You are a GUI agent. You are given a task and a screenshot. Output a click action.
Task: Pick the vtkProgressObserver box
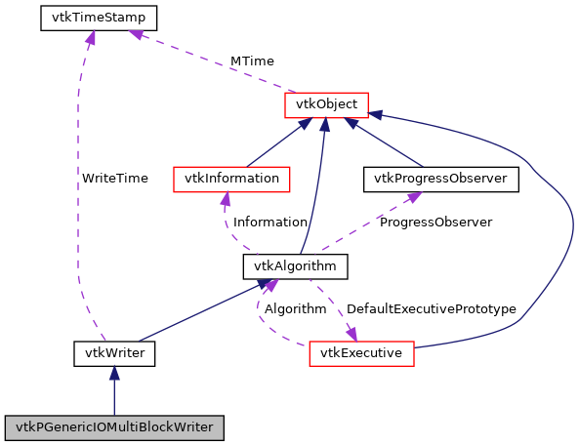[x=440, y=179]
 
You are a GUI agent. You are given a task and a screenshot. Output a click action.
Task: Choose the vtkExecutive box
[x=362, y=352]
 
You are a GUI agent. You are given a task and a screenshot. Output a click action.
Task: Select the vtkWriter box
[x=114, y=352]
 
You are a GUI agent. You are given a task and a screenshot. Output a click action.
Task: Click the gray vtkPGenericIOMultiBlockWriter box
[x=114, y=427]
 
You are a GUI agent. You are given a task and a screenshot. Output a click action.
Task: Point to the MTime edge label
[x=252, y=61]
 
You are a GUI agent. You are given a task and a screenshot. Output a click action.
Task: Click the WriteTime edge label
[x=114, y=179]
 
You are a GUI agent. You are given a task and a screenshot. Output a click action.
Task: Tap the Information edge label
[x=270, y=223]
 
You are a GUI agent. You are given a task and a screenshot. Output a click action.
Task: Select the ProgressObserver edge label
[x=435, y=223]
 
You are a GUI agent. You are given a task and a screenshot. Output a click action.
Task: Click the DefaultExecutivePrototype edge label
[x=431, y=309]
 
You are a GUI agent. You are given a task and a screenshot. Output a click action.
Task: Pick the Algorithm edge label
[x=295, y=309]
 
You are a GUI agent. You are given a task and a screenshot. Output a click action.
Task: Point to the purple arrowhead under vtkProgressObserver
[x=414, y=196]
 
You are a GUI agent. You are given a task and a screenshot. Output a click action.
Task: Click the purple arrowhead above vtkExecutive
[x=352, y=334]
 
